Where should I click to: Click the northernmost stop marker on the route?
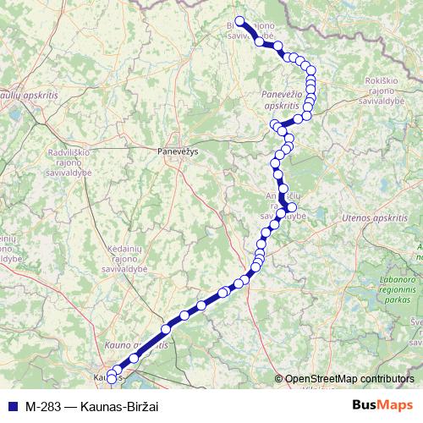click(x=239, y=21)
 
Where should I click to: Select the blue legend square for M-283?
click(x=12, y=405)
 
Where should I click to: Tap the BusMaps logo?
click(x=383, y=404)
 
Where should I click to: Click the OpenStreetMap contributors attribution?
click(x=350, y=379)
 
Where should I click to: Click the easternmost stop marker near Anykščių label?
click(x=292, y=207)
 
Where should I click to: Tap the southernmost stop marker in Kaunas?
click(x=112, y=379)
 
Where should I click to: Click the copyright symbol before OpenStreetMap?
click(x=279, y=379)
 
